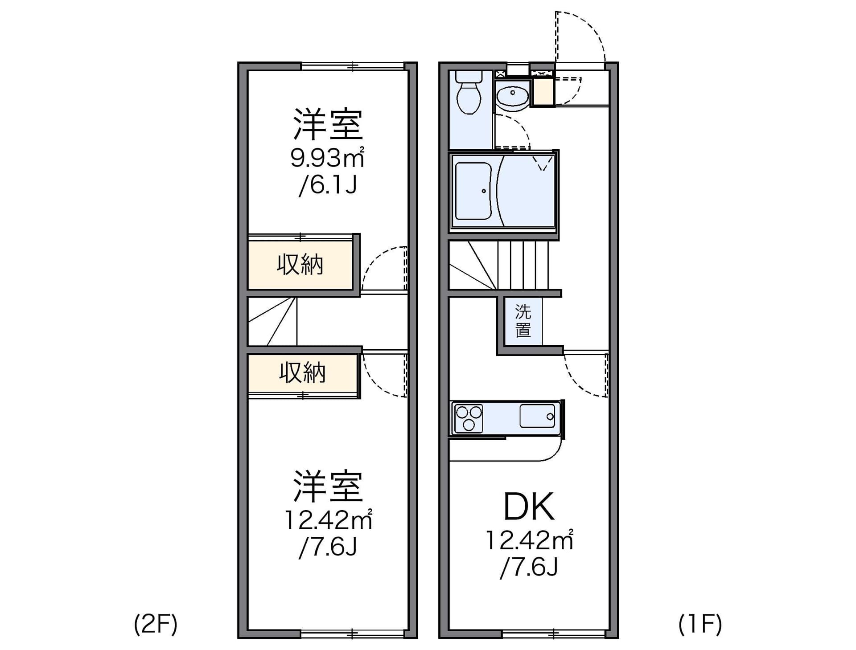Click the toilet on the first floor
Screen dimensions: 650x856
(x=469, y=95)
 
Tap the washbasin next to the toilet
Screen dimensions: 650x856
(x=512, y=96)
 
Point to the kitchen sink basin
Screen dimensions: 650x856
(x=537, y=416)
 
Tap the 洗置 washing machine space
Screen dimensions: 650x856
(x=523, y=321)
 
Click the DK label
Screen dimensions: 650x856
(x=529, y=507)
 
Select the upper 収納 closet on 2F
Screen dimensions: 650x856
(x=300, y=265)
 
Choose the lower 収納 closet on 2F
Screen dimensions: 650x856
(x=302, y=372)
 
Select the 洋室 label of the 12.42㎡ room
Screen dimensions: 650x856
(x=328, y=486)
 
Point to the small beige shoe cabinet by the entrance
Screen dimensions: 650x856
(x=543, y=92)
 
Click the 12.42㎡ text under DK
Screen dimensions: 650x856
(x=529, y=540)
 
